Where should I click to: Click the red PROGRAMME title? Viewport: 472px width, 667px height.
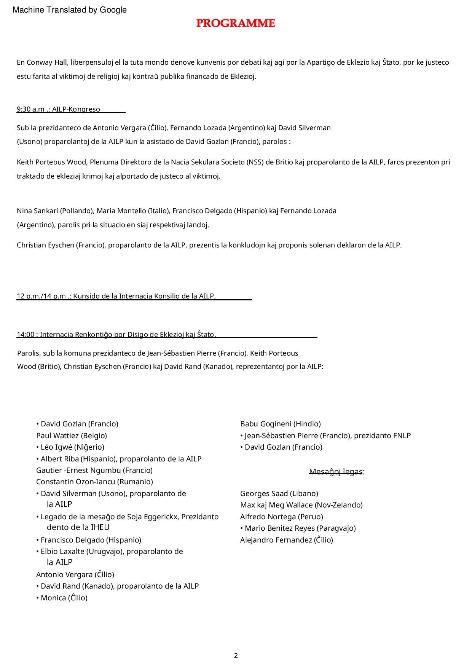[236, 23]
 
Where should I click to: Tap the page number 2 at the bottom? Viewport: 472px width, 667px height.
[236, 655]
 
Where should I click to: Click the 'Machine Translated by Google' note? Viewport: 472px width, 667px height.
[70, 10]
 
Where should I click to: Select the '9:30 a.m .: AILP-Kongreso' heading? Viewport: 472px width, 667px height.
[58, 109]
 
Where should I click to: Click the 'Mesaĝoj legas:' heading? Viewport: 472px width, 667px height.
[336, 472]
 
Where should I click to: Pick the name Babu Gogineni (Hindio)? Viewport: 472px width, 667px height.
[280, 424]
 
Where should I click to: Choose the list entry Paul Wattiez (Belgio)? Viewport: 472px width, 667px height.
[72, 436]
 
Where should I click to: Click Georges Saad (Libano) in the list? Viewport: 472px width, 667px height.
[279, 493]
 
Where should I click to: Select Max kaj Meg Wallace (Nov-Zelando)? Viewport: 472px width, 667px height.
[301, 505]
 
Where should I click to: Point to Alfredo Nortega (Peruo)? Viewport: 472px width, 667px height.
[281, 517]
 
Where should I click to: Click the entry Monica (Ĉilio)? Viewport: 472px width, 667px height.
[64, 598]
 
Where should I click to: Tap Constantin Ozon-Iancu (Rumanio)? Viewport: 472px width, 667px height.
[94, 482]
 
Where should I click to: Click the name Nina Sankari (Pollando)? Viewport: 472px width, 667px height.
[56, 211]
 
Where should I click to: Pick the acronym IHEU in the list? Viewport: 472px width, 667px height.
[100, 527]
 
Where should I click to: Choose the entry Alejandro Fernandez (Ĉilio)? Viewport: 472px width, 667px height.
[286, 540]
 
